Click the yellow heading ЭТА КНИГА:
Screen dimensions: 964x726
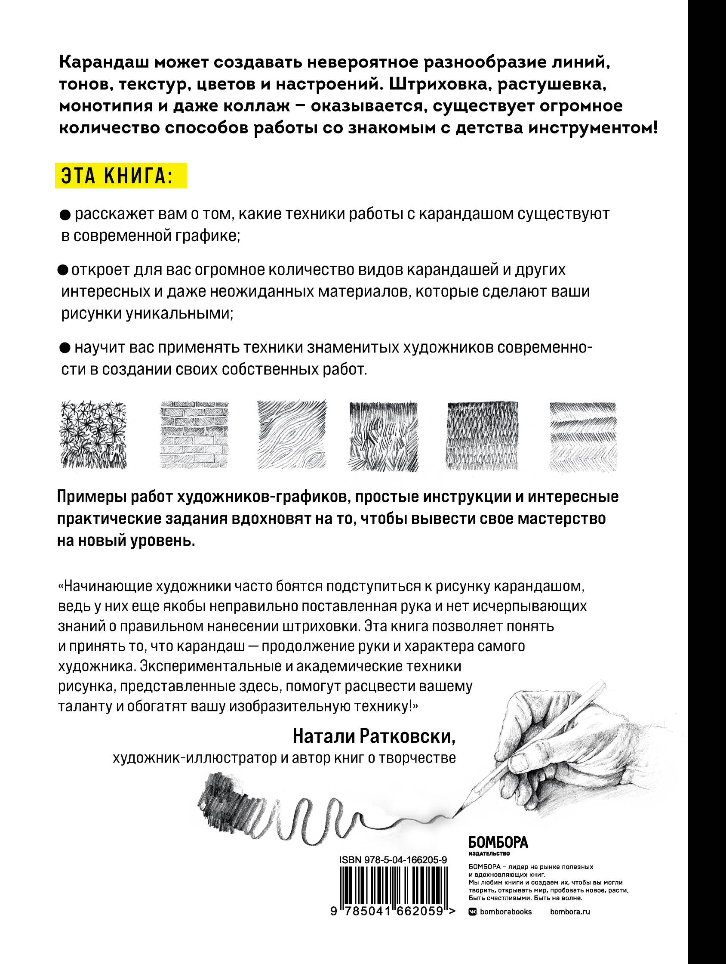click(120, 176)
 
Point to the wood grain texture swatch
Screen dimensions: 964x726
click(291, 435)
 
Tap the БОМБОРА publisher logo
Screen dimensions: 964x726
click(498, 841)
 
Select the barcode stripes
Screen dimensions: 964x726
click(392, 884)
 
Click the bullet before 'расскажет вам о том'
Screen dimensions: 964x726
click(64, 215)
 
